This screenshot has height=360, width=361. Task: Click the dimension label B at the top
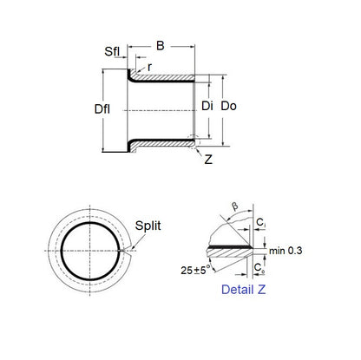(161, 45)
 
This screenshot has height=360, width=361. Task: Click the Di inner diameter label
(207, 107)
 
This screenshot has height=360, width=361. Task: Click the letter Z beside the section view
(208, 160)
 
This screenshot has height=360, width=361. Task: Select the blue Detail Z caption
(243, 290)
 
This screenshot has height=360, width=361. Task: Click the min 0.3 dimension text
(289, 252)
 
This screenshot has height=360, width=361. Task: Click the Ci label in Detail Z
(262, 226)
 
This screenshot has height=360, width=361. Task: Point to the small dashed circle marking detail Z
(196, 140)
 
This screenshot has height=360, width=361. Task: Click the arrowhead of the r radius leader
(140, 74)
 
